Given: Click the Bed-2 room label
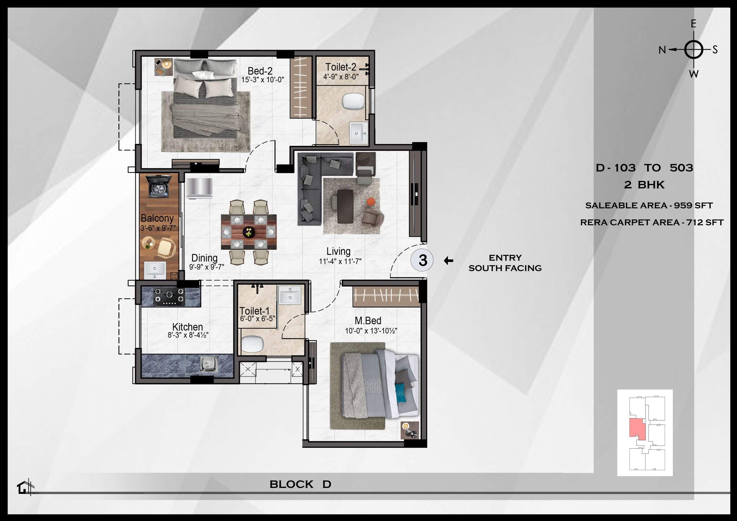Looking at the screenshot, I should pos(260,71).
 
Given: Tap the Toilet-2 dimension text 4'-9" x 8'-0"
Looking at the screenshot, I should pos(341,77).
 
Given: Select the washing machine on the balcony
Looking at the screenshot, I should pos(157,187).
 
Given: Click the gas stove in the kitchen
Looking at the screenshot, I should pos(169,296).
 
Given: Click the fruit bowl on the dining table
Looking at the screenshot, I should pos(248,231).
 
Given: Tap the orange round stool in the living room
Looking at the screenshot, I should pos(371,201).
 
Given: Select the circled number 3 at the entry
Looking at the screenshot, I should pos(422,260).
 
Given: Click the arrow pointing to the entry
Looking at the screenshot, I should pos(449,261).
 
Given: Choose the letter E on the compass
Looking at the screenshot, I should pos(693,24).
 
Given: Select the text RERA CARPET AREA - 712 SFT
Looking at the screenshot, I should pos(651,222).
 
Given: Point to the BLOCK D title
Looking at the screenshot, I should pos(300,484).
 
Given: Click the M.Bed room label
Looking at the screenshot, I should pos(368,320).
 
